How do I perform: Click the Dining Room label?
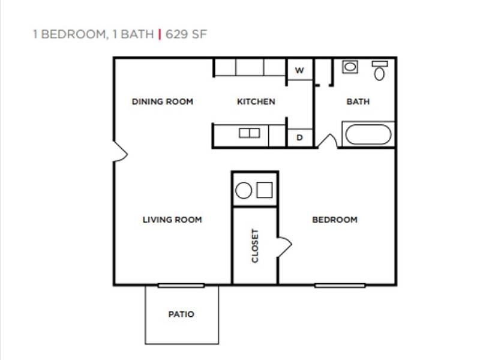pyautogui.click(x=163, y=101)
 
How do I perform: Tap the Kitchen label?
pyautogui.click(x=256, y=101)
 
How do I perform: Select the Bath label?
pyautogui.click(x=358, y=101)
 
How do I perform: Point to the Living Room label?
pyautogui.click(x=172, y=220)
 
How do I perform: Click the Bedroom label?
pyautogui.click(x=335, y=220)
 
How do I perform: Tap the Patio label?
pyautogui.click(x=181, y=314)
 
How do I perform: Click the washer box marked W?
pyautogui.click(x=300, y=70)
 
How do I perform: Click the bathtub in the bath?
pyautogui.click(x=368, y=134)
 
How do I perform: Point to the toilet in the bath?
pyautogui.click(x=379, y=71)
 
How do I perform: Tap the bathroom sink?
pyautogui.click(x=350, y=67)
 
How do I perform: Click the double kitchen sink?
pyautogui.click(x=249, y=133)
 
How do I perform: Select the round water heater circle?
pyautogui.click(x=244, y=191)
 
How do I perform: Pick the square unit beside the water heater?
pyautogui.click(x=265, y=190)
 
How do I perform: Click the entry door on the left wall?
pyautogui.click(x=120, y=151)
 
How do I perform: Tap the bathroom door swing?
pyautogui.click(x=327, y=142)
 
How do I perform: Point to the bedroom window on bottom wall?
pyautogui.click(x=340, y=285)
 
